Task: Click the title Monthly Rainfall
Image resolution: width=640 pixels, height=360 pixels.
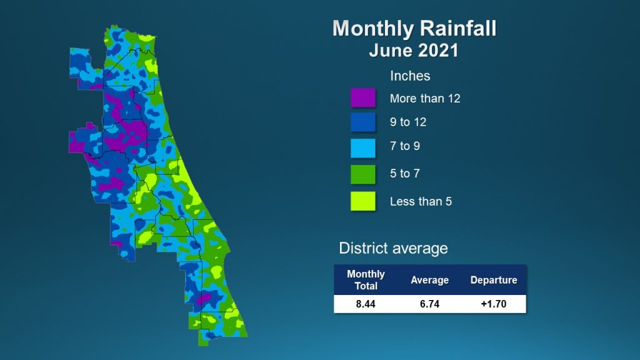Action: coord(414,29)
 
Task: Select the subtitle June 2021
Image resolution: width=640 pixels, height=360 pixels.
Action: coord(414,51)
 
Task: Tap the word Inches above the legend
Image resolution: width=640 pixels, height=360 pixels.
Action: coord(410,76)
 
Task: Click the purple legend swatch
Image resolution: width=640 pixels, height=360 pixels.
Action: coord(363,98)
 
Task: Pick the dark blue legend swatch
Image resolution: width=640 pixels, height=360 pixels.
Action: coord(363,122)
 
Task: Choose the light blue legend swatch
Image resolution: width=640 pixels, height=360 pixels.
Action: coord(363,147)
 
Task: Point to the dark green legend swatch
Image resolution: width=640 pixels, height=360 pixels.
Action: coord(363,174)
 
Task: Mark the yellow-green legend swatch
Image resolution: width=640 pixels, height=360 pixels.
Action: coord(363,201)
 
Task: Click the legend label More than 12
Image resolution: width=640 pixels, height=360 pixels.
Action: coord(425,98)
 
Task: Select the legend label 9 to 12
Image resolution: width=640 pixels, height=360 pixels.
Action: coord(407,122)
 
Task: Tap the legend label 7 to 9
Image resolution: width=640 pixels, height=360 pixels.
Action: coord(404,146)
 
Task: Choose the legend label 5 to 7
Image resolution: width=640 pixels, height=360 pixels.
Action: coord(404,174)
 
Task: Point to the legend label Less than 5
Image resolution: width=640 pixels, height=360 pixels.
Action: coord(421,202)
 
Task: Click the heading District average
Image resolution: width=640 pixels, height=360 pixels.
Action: coord(393,248)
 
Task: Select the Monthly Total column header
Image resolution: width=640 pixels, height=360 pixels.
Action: coord(366,280)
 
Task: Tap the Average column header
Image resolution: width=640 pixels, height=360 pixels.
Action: coord(429,280)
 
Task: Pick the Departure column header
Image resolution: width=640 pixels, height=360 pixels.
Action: coord(494,280)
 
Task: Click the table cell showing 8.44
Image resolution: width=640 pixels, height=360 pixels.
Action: coord(365,304)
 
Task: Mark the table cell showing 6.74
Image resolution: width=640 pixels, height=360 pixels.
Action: coord(429,304)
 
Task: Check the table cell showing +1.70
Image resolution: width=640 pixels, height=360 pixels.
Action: coord(494,304)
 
